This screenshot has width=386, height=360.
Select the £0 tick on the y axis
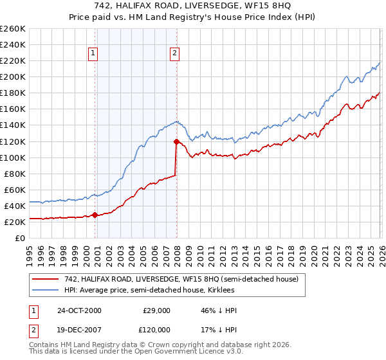(20, 238)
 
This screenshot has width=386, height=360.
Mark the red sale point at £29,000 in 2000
(95, 215)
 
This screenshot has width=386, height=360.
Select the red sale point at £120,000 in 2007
(176, 141)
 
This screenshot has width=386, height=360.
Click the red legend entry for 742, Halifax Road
(181, 279)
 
